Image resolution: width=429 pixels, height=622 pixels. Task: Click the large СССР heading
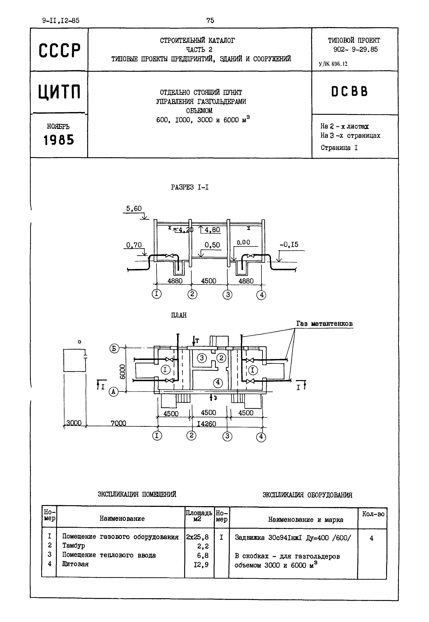click(x=59, y=50)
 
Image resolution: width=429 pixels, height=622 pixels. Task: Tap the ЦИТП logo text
click(x=59, y=92)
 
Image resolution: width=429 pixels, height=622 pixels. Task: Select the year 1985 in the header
click(x=59, y=140)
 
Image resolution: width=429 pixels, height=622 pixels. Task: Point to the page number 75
click(x=210, y=20)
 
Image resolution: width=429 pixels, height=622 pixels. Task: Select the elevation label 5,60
click(x=134, y=209)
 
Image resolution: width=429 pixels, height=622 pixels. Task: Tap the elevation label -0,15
click(x=289, y=245)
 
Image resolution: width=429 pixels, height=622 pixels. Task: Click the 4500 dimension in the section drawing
click(x=208, y=281)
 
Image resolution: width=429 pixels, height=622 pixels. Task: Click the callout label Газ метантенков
click(x=324, y=324)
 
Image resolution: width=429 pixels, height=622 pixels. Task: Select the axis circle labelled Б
click(x=114, y=349)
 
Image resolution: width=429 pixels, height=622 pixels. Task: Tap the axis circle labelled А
click(x=114, y=392)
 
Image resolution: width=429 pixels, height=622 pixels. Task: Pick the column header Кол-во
click(x=373, y=514)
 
